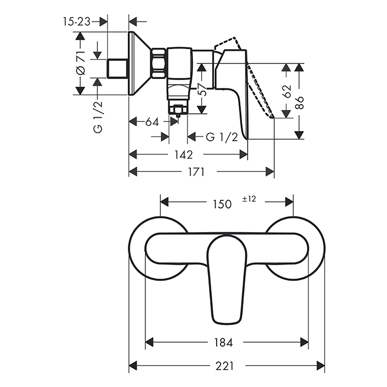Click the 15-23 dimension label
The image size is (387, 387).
(76, 22)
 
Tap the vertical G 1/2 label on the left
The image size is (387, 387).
(98, 117)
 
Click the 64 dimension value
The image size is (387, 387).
(151, 121)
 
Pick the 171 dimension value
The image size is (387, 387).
(195, 172)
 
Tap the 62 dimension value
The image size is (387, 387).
(287, 92)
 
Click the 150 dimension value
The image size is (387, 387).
(222, 204)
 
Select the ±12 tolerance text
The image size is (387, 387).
(249, 200)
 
